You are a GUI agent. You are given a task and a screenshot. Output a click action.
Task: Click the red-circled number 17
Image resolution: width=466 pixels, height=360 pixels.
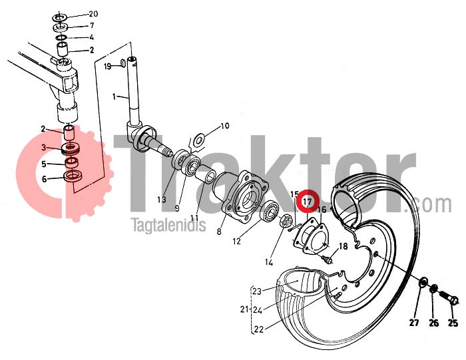click(308, 202)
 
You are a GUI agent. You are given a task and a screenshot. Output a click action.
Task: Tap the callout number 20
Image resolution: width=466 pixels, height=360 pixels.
click(93, 14)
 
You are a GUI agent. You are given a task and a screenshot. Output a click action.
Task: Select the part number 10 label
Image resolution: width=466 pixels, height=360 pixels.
click(225, 126)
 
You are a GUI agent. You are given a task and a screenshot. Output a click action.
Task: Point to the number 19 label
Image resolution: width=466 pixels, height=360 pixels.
click(107, 66)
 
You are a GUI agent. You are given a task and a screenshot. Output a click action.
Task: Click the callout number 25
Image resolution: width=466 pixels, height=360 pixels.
click(453, 323)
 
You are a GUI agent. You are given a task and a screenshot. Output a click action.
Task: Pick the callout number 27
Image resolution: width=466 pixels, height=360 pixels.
click(414, 323)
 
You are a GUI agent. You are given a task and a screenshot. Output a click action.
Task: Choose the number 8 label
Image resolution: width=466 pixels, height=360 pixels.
click(219, 231)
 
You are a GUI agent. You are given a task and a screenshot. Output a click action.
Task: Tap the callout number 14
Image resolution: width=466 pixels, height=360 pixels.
click(269, 262)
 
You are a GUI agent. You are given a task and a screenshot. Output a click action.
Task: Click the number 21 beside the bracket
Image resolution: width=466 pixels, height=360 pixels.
click(244, 309)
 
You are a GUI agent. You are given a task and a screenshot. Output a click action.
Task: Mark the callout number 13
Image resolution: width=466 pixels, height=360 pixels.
click(162, 200)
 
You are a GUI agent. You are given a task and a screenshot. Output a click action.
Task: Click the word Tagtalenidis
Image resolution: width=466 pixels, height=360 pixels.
click(168, 225)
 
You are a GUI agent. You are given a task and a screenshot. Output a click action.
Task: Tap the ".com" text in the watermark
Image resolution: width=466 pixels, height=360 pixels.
click(428, 205)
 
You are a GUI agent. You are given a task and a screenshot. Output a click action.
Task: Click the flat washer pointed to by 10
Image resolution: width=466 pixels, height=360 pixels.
click(198, 140)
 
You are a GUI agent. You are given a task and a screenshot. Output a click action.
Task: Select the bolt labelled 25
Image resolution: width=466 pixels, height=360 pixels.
click(447, 298)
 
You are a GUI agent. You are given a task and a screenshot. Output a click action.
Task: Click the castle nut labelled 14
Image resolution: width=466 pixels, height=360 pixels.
click(286, 220)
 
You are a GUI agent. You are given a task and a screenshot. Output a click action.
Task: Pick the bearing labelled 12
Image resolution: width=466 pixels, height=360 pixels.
click(270, 210)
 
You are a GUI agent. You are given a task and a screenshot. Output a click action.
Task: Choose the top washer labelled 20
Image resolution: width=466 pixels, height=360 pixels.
click(60, 17)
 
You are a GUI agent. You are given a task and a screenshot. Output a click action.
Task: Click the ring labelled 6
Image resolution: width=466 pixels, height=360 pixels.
click(73, 175)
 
